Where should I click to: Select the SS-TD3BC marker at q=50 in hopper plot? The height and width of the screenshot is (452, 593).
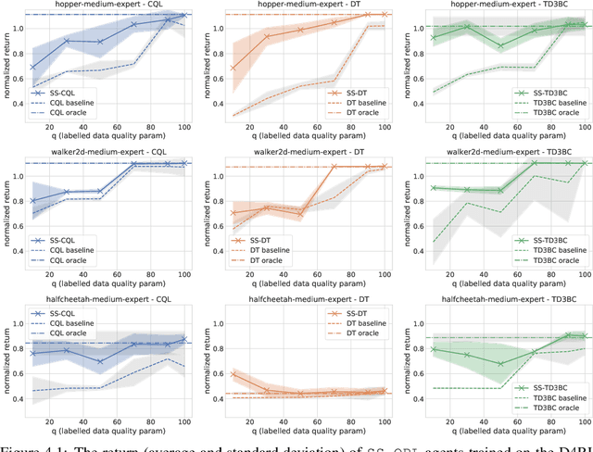501,45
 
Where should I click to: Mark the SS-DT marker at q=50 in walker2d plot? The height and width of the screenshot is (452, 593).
300,214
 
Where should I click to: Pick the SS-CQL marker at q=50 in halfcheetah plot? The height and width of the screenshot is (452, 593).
99,361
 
